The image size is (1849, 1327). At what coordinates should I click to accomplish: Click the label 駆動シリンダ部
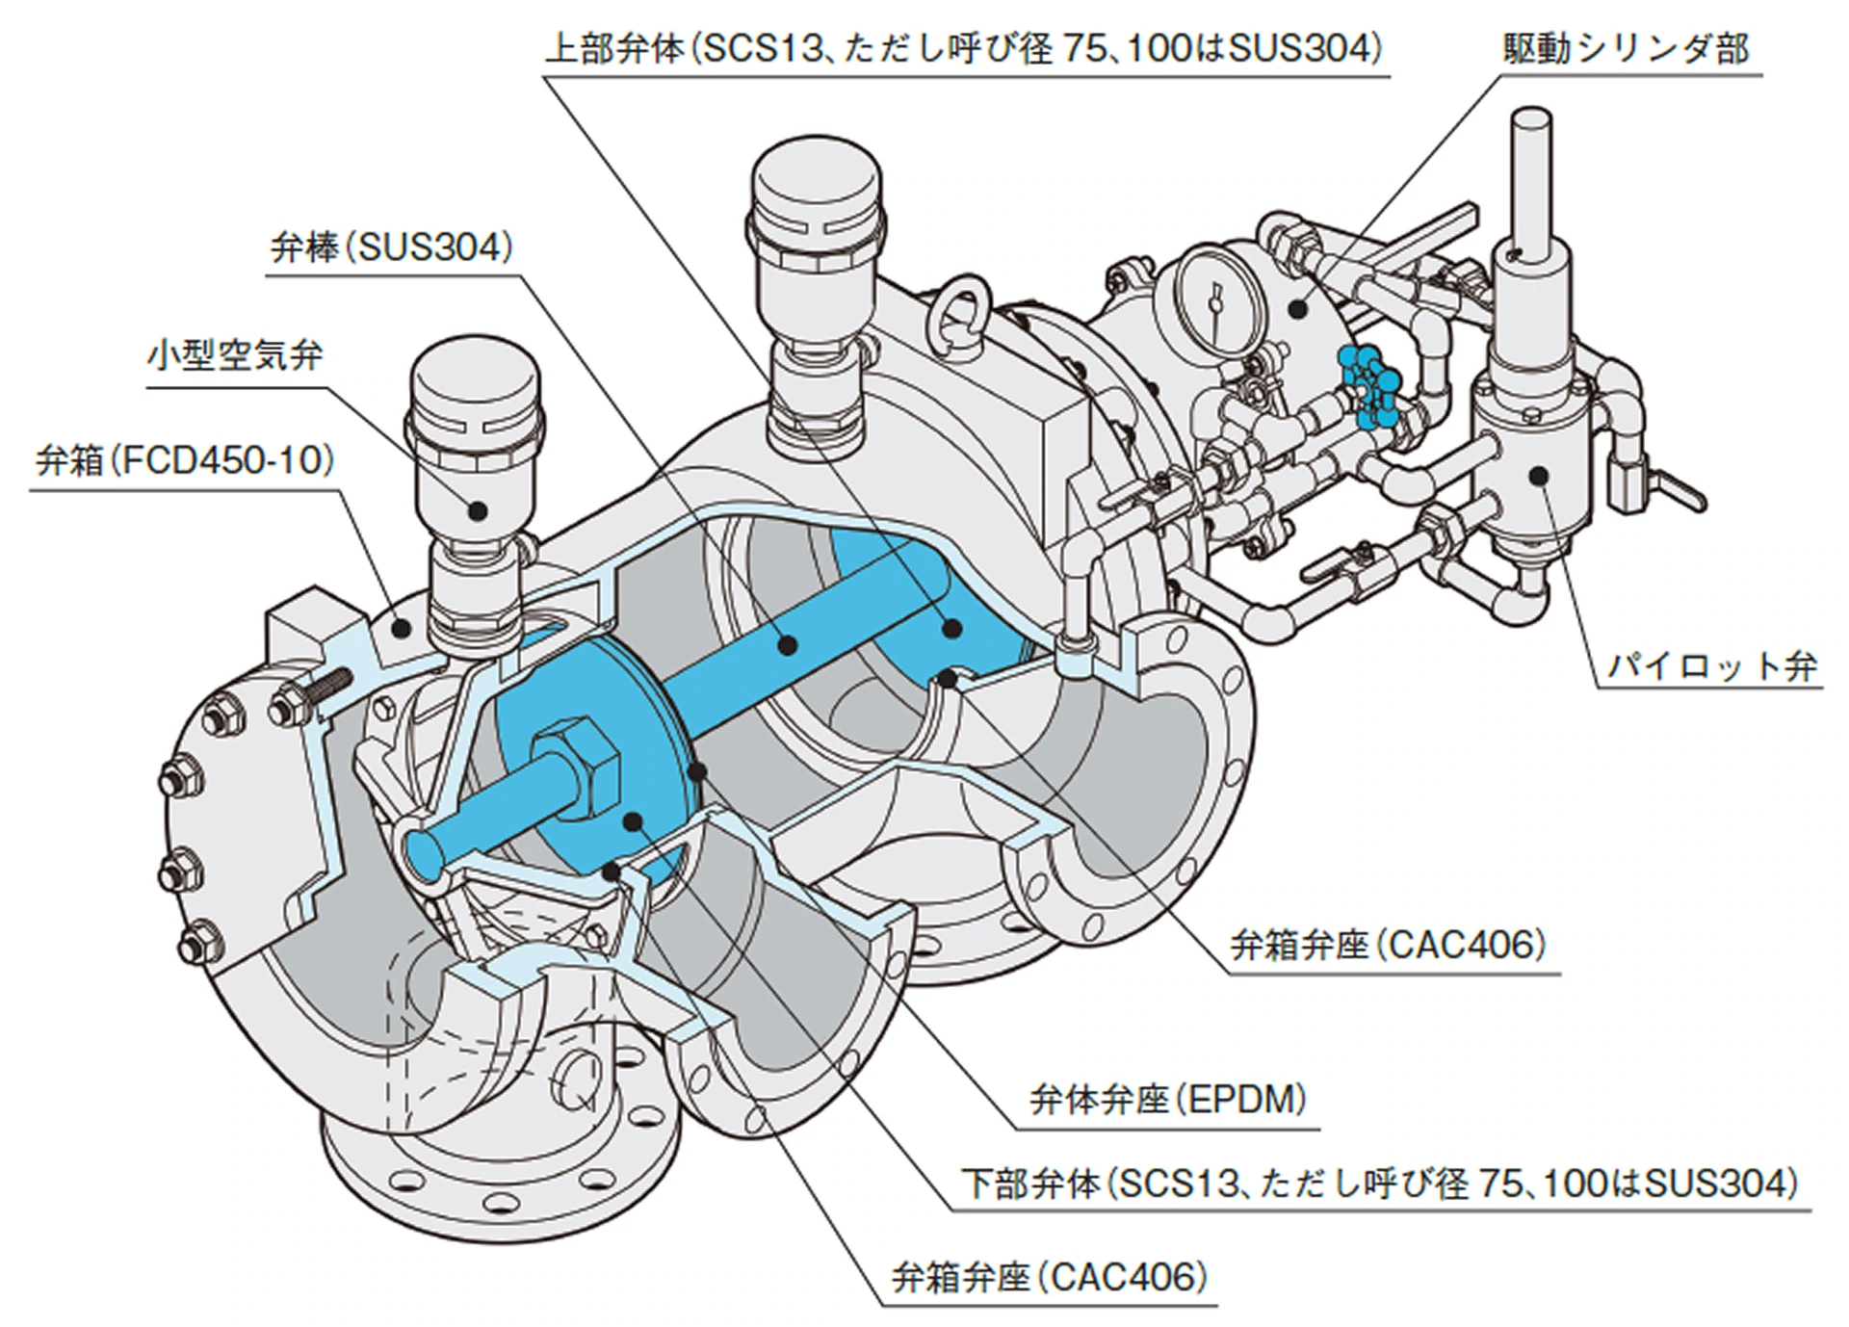(x=1627, y=48)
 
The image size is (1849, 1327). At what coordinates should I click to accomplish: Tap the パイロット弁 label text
(x=1713, y=665)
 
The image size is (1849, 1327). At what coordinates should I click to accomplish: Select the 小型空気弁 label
(x=235, y=356)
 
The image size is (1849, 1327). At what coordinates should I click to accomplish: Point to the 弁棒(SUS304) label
(x=392, y=248)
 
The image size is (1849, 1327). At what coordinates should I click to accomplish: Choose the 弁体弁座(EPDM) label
(x=1168, y=1099)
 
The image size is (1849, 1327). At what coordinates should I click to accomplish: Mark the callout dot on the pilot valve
(x=1538, y=473)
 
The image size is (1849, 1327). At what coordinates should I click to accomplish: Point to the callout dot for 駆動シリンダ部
(x=1299, y=308)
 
